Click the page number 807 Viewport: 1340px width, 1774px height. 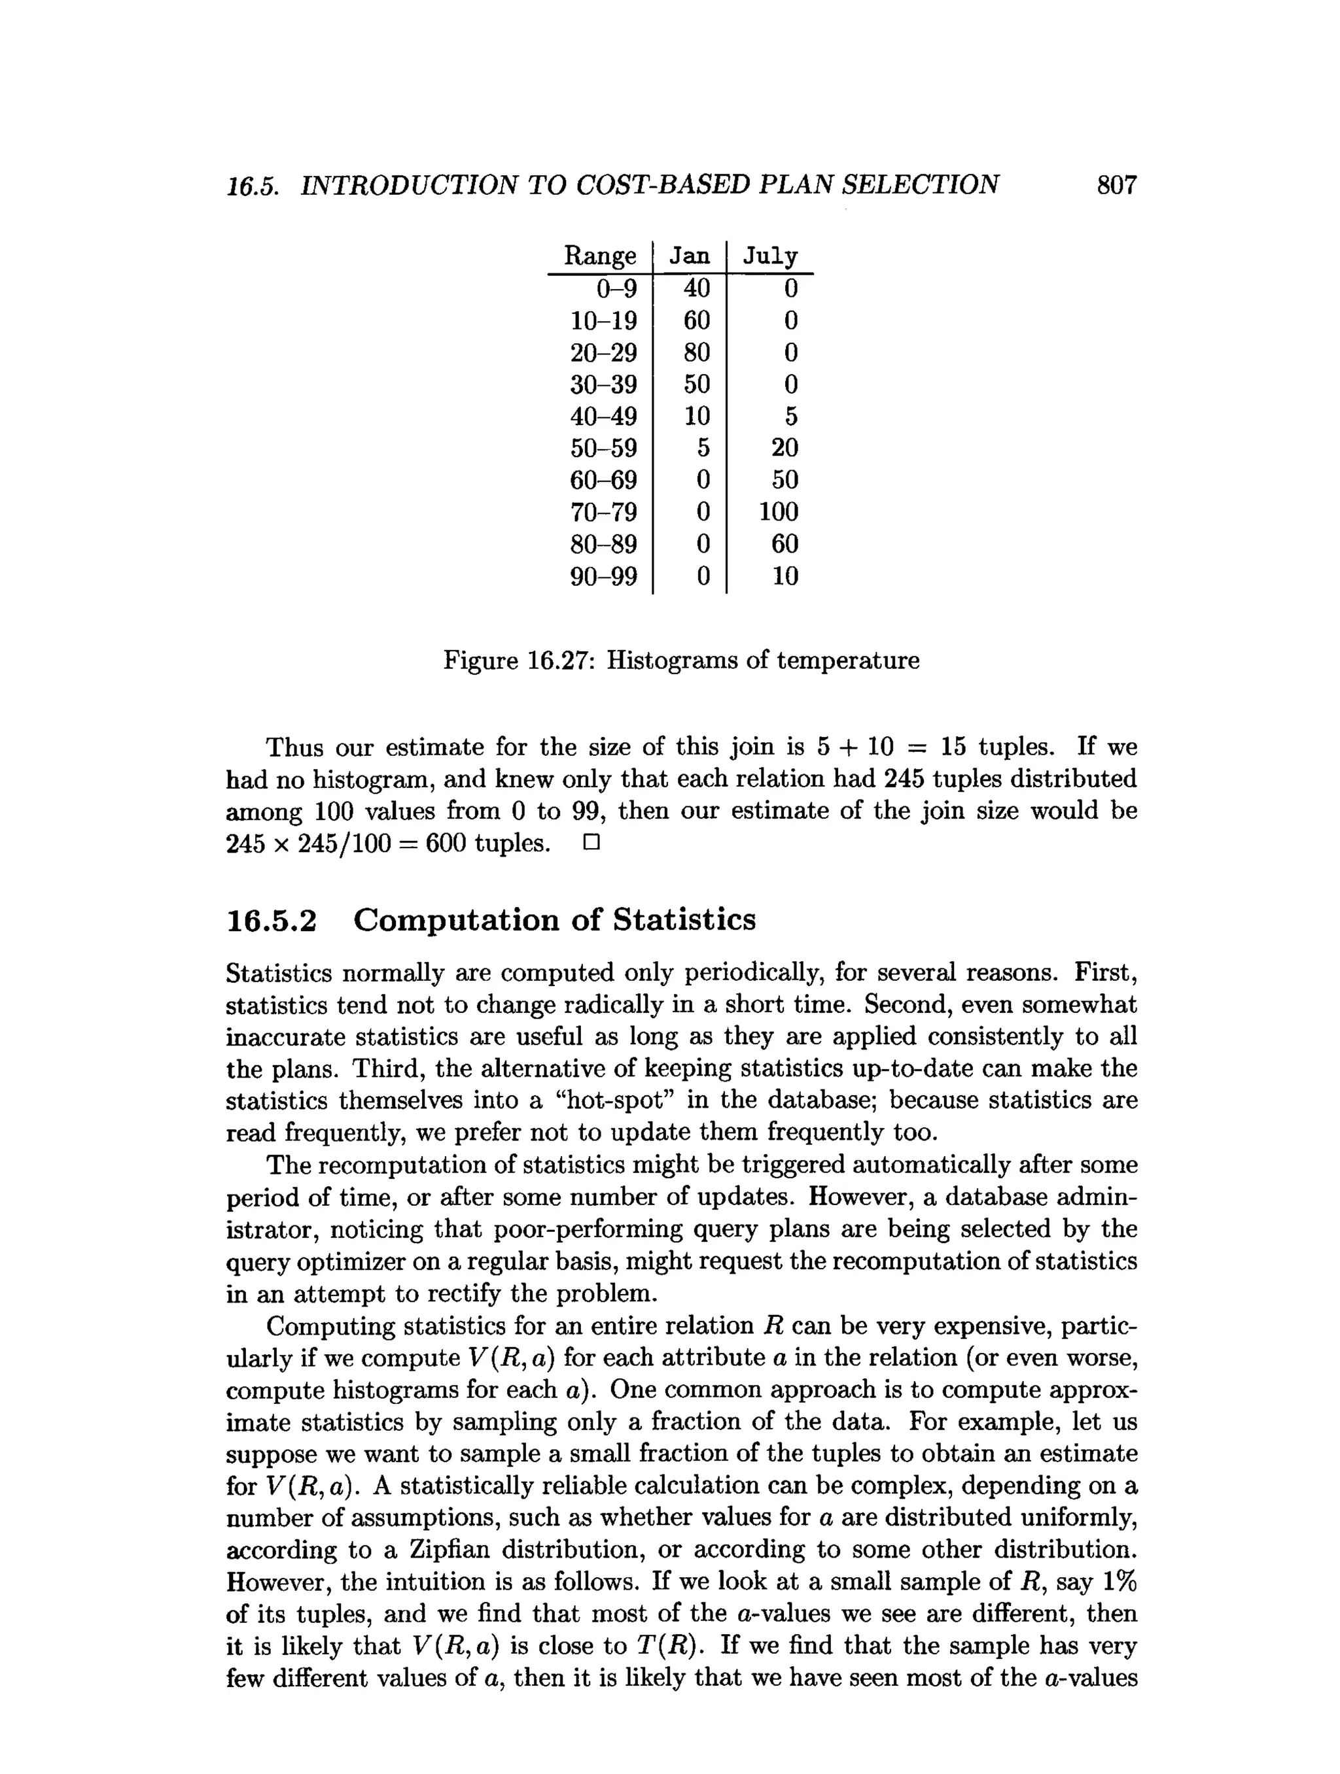[1116, 185]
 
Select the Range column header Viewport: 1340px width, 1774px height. [599, 256]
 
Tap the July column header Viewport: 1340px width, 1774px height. [769, 256]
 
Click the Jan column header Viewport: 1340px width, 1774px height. [689, 256]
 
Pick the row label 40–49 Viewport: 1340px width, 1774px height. [603, 417]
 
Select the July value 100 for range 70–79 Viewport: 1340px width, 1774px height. [779, 512]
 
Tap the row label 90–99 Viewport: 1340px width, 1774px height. [603, 576]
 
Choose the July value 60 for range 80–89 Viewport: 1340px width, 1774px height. [784, 544]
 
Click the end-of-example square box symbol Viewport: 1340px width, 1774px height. [591, 843]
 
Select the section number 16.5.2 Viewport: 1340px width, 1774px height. [272, 920]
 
